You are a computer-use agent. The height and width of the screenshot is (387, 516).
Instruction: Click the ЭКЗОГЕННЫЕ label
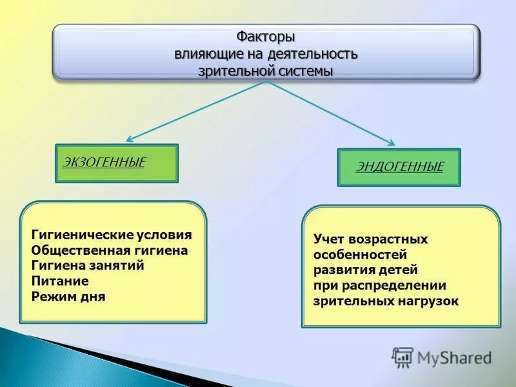click(104, 161)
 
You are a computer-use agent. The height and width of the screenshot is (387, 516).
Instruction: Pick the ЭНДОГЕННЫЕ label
click(400, 167)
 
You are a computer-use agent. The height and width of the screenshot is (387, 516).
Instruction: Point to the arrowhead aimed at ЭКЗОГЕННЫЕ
click(129, 138)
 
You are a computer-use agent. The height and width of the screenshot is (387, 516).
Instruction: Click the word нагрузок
click(428, 301)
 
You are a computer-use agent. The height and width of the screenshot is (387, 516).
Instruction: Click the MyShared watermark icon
click(402, 357)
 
